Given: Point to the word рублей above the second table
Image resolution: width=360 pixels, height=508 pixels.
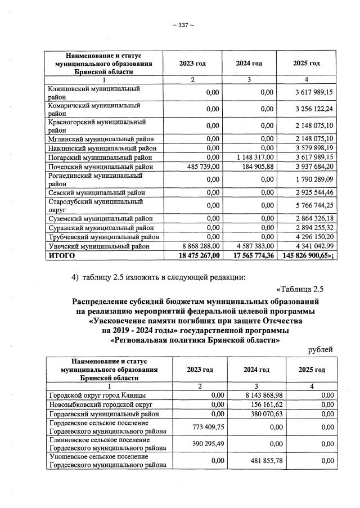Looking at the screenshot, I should (321, 350).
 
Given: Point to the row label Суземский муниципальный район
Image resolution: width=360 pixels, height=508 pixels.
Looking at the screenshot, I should (101, 218).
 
